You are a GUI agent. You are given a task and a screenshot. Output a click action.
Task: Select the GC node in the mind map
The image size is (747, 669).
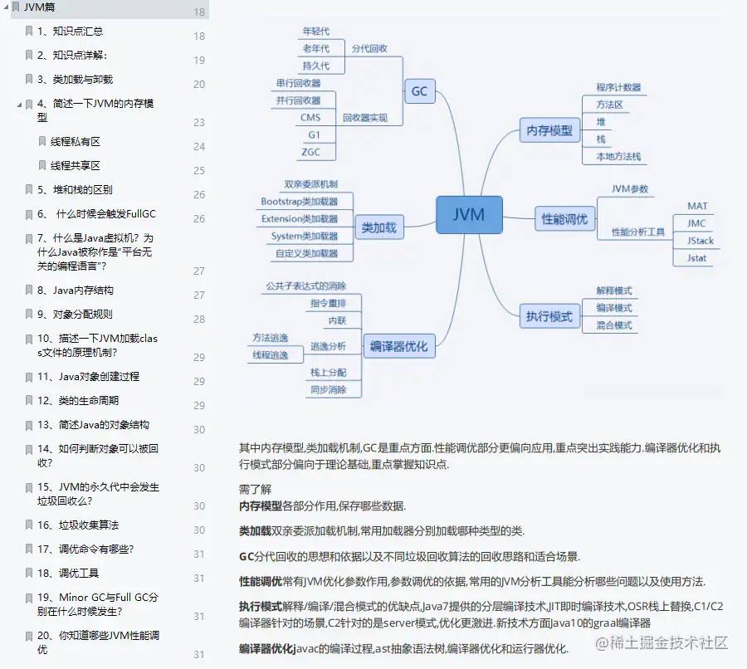pyautogui.click(x=419, y=91)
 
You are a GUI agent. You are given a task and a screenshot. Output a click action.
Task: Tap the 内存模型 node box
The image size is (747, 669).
pyautogui.click(x=549, y=130)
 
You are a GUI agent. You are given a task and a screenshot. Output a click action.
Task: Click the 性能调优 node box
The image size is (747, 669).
pyautogui.click(x=564, y=219)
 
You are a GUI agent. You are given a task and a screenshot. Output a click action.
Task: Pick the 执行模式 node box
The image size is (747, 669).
pyautogui.click(x=549, y=316)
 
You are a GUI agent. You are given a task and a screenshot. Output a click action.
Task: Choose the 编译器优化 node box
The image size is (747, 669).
pyautogui.click(x=398, y=346)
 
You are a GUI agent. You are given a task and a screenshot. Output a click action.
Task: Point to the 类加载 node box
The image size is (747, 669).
pyautogui.click(x=379, y=227)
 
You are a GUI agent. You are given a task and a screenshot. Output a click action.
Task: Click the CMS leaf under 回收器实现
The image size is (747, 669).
pyautogui.click(x=310, y=118)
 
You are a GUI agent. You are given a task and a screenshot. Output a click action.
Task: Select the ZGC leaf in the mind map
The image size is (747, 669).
pyautogui.click(x=310, y=152)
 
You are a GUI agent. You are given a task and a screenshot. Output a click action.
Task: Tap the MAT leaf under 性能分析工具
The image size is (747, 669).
pyautogui.click(x=697, y=206)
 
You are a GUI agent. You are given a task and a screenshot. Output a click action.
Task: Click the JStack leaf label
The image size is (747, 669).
pyautogui.click(x=700, y=241)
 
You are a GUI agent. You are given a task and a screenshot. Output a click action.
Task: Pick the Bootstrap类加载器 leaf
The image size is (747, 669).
pyautogui.click(x=299, y=201)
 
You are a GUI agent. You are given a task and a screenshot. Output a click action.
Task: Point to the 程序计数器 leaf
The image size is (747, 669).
pyautogui.click(x=618, y=87)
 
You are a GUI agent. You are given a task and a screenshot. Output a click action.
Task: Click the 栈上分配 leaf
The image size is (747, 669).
pyautogui.click(x=329, y=373)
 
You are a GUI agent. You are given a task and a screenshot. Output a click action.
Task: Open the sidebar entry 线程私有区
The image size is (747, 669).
pyautogui.click(x=76, y=141)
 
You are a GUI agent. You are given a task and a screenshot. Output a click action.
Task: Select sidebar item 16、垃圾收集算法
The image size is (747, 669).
pyautogui.click(x=78, y=525)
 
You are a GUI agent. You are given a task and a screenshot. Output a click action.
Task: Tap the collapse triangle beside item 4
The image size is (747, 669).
pyautogui.click(x=19, y=105)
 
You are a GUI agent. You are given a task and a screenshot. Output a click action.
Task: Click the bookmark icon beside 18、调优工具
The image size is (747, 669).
pyautogui.click(x=30, y=573)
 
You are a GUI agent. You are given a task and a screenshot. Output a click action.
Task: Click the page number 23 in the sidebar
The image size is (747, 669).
pyautogui.click(x=199, y=122)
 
